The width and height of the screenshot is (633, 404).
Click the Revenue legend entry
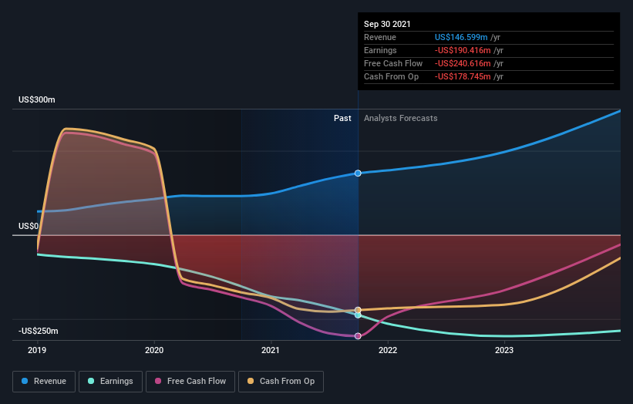point(45,381)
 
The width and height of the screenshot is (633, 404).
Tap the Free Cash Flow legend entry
point(190,381)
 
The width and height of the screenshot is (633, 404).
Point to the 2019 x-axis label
point(38,350)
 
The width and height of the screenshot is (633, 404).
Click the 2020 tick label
point(154,350)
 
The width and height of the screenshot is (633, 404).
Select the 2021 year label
point(271,350)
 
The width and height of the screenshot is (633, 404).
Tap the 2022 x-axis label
point(387,350)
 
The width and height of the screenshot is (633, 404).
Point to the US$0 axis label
point(29,226)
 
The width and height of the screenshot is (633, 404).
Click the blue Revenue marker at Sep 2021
point(358,173)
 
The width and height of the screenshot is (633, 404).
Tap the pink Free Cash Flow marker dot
point(358,336)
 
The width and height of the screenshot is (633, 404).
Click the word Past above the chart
point(342,118)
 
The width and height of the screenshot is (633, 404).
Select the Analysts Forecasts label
point(400,118)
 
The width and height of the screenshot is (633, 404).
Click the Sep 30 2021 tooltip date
point(388,24)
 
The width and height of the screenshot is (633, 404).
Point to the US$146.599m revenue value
point(461,37)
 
